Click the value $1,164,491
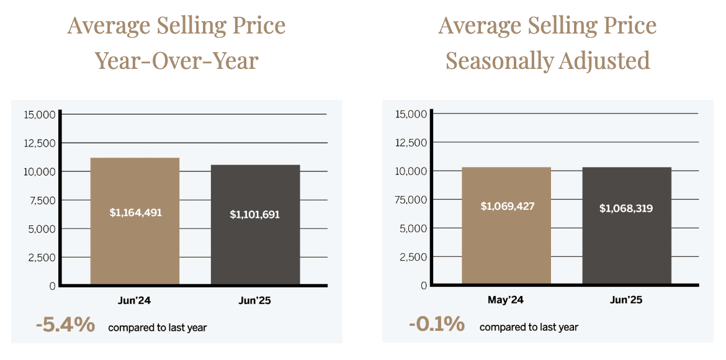pos(135,213)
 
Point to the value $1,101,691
pos(255,215)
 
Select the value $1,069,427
pos(507,206)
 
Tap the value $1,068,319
pos(626,208)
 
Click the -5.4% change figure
pos(65,325)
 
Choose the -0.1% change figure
pos(436,324)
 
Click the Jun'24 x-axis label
pos(135,301)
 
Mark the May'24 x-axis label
pos(506,300)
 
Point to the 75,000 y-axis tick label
pos(411,200)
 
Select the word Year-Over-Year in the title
pos(176,61)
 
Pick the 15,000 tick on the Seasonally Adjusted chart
pos(411,114)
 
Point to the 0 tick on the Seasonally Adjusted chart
pos(424,286)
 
